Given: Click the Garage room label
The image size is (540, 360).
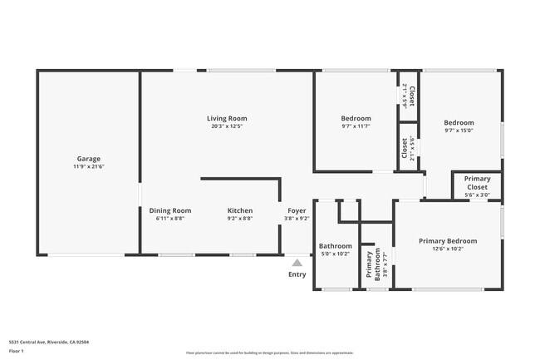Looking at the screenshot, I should coord(89,159).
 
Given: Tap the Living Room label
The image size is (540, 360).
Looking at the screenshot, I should coord(227,119).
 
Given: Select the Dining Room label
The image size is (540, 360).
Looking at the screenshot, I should coord(170,210).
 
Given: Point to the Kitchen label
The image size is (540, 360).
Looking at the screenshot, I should coord(240,210).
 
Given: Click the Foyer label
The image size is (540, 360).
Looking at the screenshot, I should coord(297,210).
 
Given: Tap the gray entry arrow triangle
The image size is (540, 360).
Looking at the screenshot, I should coord(297,263).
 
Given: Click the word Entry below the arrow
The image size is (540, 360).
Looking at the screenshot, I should coord(297,274).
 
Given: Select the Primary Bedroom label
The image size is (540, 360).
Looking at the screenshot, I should coord(448,240).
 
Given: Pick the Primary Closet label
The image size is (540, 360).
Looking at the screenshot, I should coord(477,183).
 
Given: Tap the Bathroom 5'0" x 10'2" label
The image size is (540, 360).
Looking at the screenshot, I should coord(336,246).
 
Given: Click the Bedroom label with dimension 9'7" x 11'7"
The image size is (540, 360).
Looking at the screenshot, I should coord(356,119).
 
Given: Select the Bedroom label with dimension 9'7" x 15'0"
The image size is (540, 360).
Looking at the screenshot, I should coord(459,122).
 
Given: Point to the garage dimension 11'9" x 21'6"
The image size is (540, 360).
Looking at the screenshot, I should coord(89,167).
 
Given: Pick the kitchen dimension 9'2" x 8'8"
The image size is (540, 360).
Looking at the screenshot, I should coord(240,219).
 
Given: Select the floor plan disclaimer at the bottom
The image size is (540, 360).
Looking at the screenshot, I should coord(269,353).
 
